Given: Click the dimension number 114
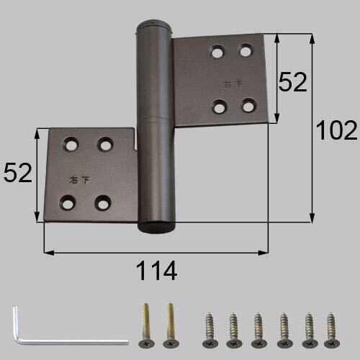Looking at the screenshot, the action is [x=156, y=271].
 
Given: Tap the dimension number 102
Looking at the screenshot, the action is [x=336, y=130].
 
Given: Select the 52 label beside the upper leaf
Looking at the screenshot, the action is [x=292, y=82].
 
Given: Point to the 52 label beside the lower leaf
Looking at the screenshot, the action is [x=18, y=173].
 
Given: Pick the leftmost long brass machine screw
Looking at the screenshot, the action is [x=145, y=325].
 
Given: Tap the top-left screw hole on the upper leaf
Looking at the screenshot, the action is [x=218, y=52].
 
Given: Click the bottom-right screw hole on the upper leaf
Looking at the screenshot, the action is [x=248, y=106].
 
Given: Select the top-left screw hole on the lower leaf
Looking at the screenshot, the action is [x=71, y=144].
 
